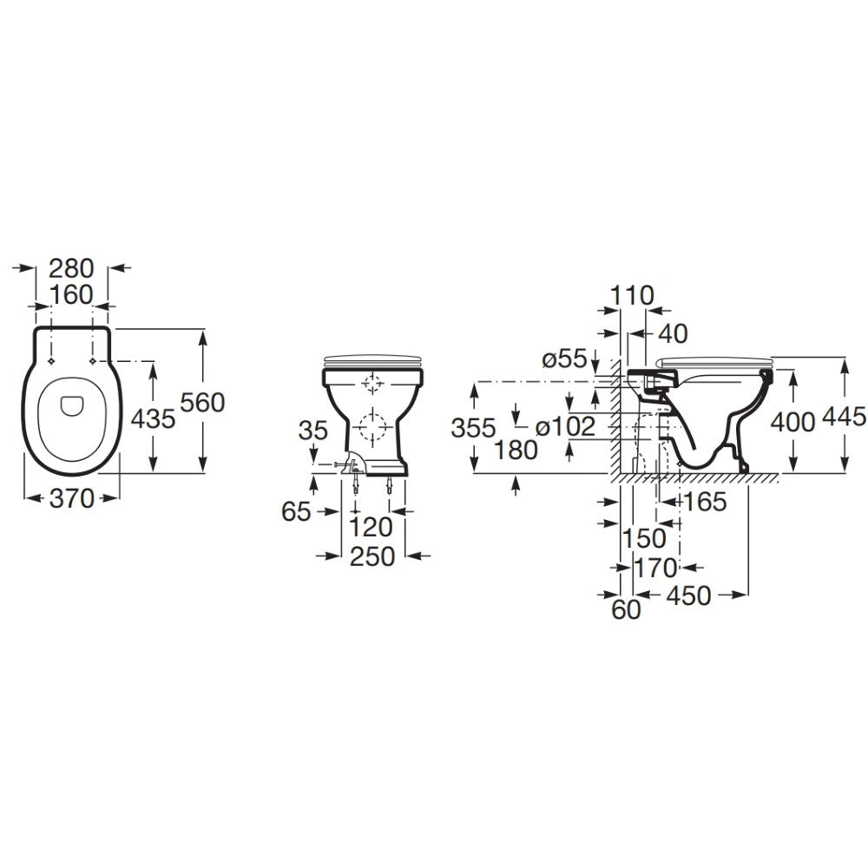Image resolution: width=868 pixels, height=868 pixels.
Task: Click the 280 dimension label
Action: coord(72,268)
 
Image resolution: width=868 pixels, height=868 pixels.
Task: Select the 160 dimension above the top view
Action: coord(71,295)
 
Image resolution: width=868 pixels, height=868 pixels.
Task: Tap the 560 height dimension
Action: coord(203,403)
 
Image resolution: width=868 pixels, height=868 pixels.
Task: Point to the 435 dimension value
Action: coord(153,419)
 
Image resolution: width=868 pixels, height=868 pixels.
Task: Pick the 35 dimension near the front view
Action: coord(313,431)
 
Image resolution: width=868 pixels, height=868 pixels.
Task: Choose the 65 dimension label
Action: coord(296,511)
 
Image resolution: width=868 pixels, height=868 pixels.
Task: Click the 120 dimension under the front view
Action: coord(371,528)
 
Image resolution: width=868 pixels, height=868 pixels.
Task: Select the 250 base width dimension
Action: coord(372,556)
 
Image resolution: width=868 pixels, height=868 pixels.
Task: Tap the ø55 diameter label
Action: coord(564,359)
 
